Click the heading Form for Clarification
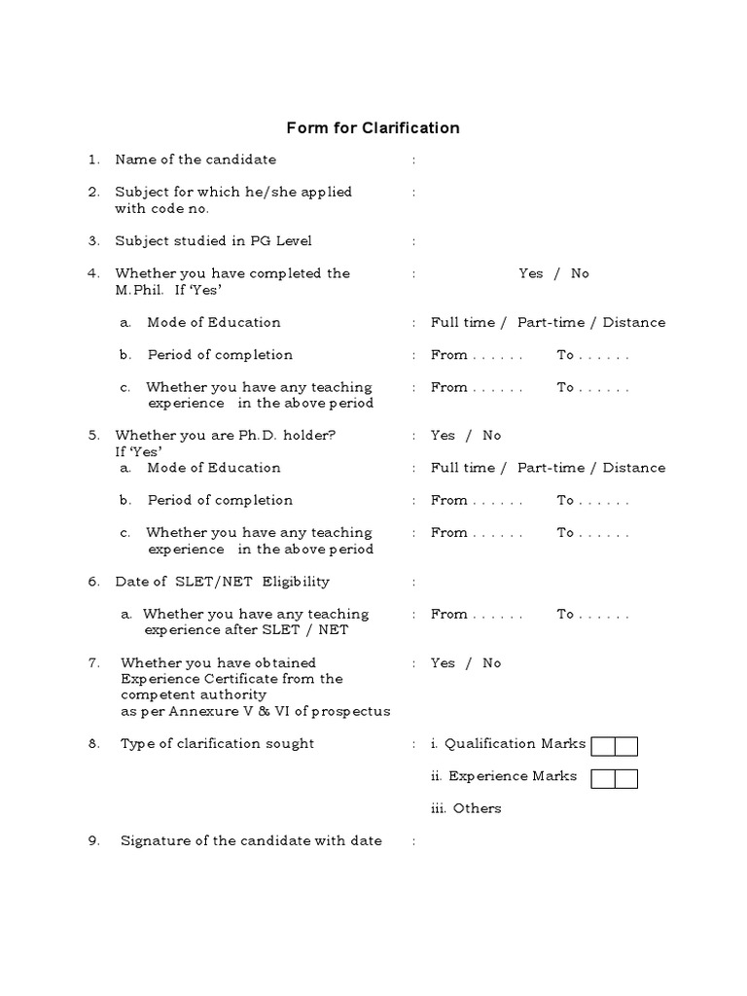373,127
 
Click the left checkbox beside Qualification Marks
603,746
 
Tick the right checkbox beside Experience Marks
626,778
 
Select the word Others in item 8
478,808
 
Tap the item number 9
94,840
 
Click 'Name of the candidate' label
196,160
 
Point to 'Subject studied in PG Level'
213,240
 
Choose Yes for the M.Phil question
531,273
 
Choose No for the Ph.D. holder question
492,435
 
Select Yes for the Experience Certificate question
443,662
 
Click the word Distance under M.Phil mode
634,322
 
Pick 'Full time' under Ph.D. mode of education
463,468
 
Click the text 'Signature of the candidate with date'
251,840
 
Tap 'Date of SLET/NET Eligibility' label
222,582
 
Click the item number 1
93,160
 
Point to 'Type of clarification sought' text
217,743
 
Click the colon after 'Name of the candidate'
413,160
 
